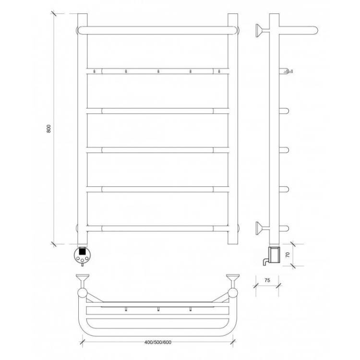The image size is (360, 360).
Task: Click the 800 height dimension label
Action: pyautogui.click(x=48, y=129)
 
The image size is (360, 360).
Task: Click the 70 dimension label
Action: pyautogui.click(x=288, y=254)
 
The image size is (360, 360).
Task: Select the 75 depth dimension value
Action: pyautogui.click(x=267, y=280)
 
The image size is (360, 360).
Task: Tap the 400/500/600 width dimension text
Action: pyautogui.click(x=158, y=342)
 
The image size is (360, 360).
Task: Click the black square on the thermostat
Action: pyautogui.click(x=82, y=251)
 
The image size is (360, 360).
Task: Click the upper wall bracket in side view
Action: pyautogui.click(x=262, y=31)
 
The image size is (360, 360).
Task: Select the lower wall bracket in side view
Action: pyautogui.click(x=262, y=228)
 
